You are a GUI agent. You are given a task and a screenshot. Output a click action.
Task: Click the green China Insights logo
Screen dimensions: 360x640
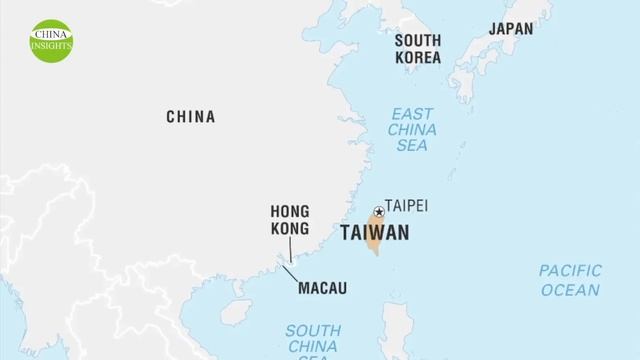pos(51,39)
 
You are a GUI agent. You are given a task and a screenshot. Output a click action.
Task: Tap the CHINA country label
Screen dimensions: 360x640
pos(190,117)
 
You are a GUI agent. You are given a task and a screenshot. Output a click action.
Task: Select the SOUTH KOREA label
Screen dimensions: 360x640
pos(417,49)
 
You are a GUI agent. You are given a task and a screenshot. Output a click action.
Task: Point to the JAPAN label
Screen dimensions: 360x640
pos(510,29)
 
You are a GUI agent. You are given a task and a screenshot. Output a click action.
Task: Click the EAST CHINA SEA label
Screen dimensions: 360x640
pos(411,129)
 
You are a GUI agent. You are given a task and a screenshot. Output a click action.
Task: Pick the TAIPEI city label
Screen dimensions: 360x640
pos(406,206)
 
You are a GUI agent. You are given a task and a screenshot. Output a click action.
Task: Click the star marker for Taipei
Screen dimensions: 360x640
pos(379,211)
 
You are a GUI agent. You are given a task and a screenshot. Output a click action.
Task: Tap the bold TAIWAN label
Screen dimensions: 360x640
pos(375,233)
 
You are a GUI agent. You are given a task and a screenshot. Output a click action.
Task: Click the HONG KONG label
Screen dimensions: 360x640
pos(290,220)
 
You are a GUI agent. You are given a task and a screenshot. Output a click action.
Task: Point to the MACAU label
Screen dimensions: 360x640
pos(322,289)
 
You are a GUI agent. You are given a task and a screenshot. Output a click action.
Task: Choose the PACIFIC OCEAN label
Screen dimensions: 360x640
pos(570,280)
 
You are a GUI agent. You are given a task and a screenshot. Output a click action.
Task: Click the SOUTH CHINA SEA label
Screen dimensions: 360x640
pos(313,341)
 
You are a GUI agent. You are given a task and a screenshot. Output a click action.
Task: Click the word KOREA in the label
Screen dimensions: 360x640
pos(417,58)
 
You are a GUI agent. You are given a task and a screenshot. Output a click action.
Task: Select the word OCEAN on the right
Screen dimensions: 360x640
pos(570,290)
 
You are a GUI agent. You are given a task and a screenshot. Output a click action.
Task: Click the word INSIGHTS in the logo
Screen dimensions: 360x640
pos(51,46)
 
